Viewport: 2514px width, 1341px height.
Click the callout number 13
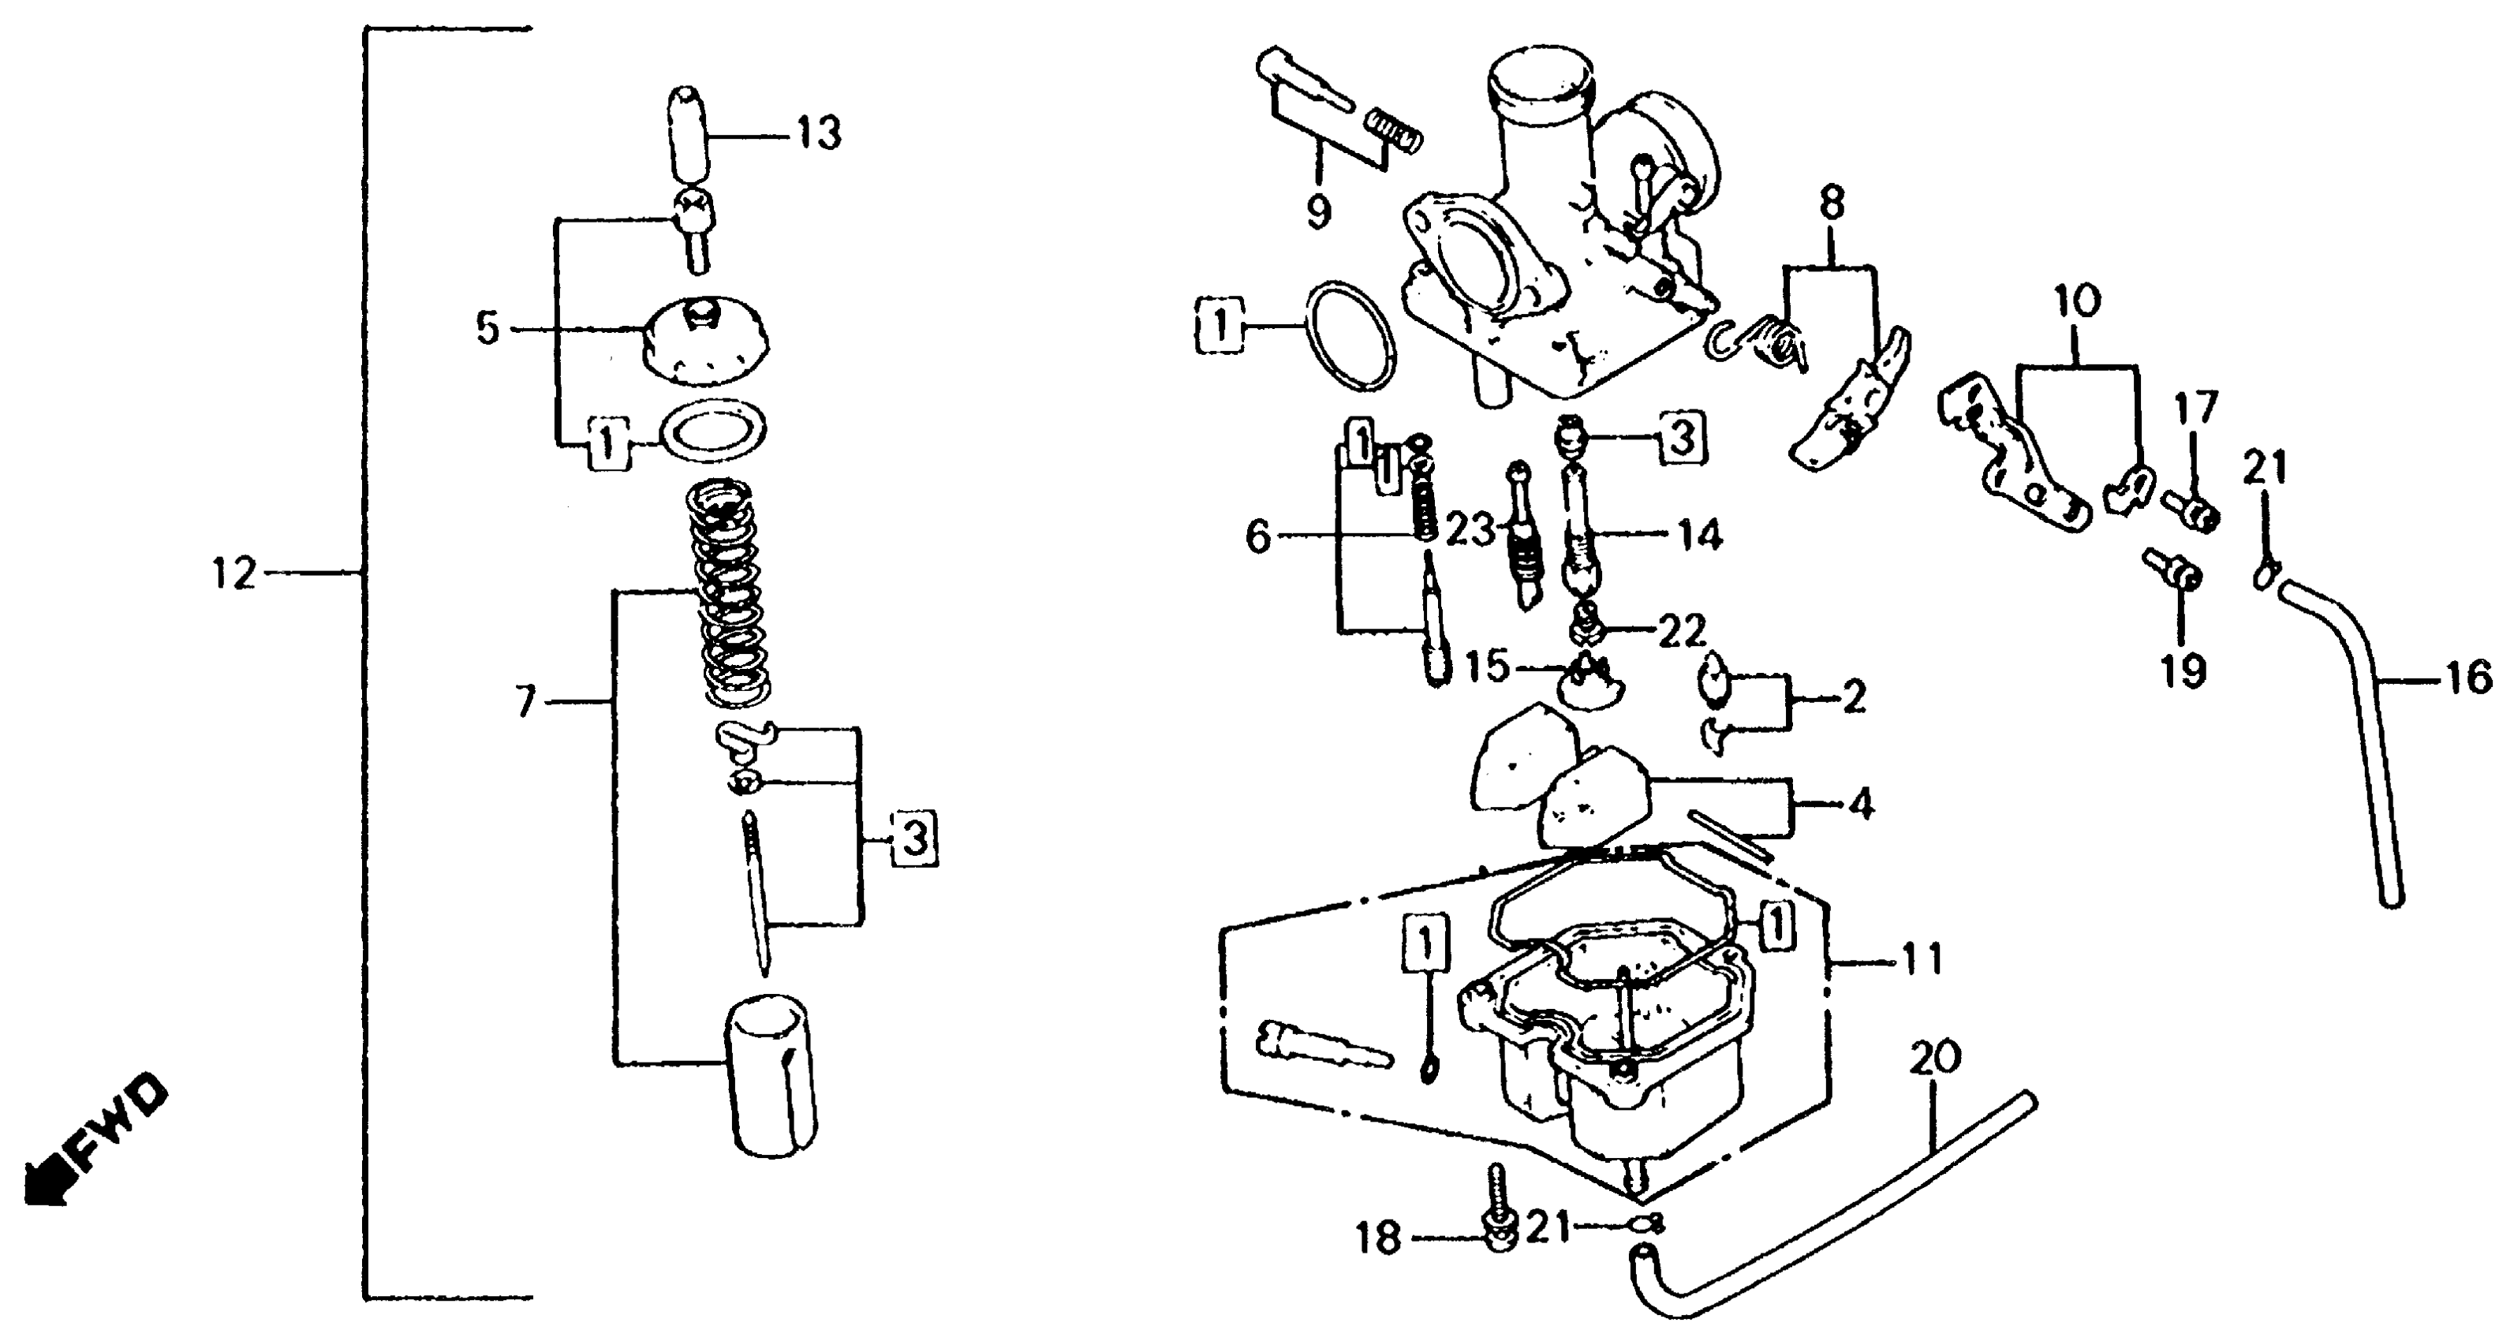coord(818,135)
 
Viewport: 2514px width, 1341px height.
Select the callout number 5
coord(488,329)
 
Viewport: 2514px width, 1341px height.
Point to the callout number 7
coord(527,700)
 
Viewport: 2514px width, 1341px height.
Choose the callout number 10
coord(2077,301)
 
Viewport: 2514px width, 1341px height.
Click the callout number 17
coord(2194,408)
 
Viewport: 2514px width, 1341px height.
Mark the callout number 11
coord(1922,960)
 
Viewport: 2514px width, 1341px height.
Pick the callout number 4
coord(1861,805)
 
